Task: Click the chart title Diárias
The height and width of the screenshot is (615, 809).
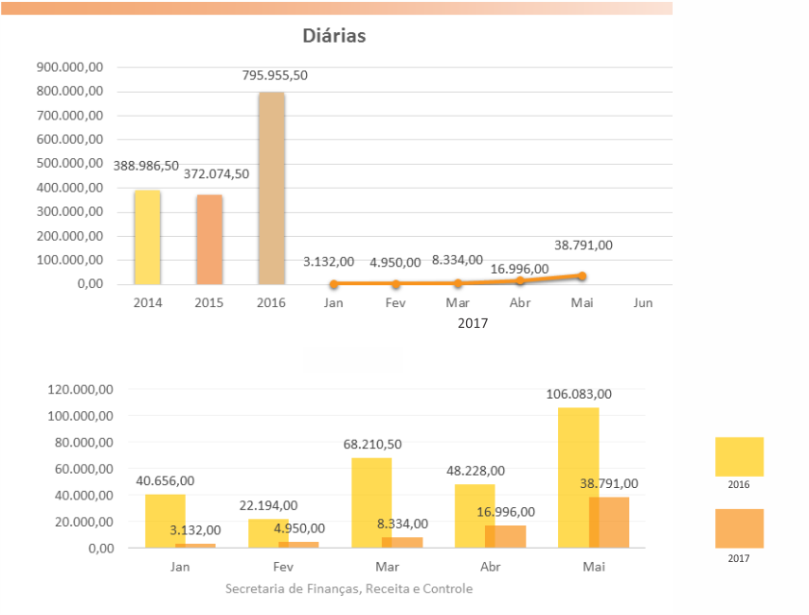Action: (x=333, y=37)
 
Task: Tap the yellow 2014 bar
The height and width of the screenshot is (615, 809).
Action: (x=147, y=237)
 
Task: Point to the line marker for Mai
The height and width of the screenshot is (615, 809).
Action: (x=582, y=276)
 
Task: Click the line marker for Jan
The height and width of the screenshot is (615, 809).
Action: (x=333, y=284)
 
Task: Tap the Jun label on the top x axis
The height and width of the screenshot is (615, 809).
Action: (x=642, y=303)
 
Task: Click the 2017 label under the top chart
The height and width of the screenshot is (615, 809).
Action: (x=473, y=324)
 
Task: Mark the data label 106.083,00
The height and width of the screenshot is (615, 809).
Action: (x=579, y=394)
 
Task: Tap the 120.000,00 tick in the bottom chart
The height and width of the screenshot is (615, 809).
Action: (x=80, y=389)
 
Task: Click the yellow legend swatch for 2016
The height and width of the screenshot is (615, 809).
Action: (x=739, y=457)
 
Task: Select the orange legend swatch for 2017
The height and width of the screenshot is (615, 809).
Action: (x=739, y=529)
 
